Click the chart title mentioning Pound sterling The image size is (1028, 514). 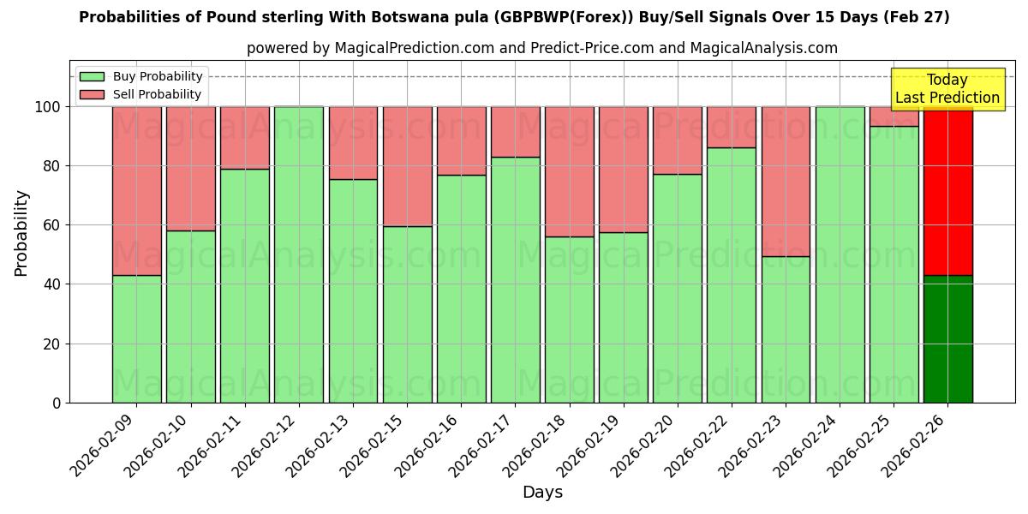coord(514,17)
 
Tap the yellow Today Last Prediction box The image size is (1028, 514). coord(947,89)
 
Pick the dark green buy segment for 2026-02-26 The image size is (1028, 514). coord(947,339)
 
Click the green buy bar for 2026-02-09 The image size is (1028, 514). coord(137,339)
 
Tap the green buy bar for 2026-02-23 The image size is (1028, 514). coord(786,330)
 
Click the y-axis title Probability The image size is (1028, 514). coord(21,232)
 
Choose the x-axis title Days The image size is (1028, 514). coord(542,493)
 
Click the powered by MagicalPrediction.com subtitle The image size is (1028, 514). coord(542,48)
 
